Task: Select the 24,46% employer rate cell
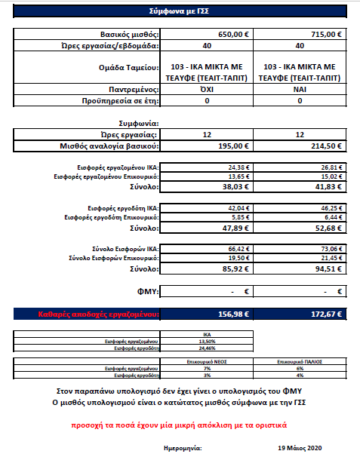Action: [207, 348]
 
